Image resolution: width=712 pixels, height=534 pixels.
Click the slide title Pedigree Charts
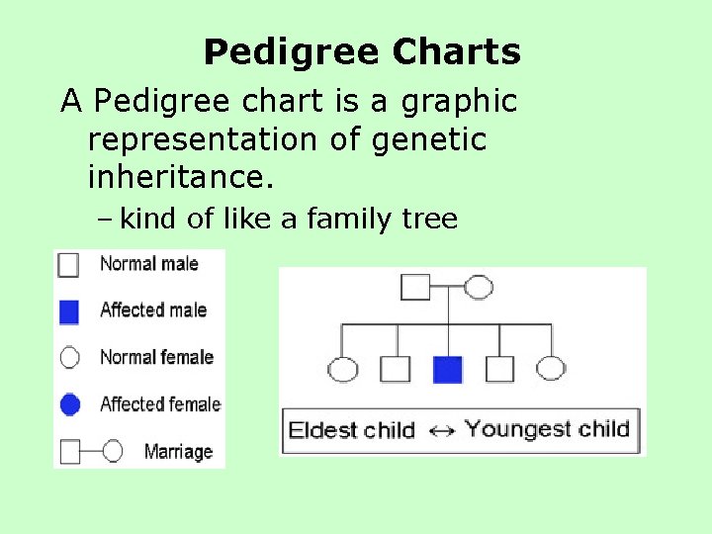coord(362,52)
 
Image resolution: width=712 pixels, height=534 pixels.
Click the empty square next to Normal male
coord(68,264)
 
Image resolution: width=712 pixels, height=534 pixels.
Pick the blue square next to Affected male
coord(68,311)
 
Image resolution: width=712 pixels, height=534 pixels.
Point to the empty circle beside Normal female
coord(68,358)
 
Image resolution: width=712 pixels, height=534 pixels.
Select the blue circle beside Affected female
coord(68,404)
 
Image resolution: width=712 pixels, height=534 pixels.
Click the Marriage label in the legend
coord(178,452)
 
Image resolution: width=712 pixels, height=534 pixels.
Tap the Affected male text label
coord(153,311)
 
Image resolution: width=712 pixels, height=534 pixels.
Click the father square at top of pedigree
coord(414,288)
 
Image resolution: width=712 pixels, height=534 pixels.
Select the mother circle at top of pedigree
coord(479,288)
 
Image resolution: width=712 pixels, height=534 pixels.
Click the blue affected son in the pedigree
coord(448,370)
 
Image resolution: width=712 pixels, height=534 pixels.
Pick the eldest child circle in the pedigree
coord(342,370)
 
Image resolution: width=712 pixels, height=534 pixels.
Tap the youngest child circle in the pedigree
coord(551,370)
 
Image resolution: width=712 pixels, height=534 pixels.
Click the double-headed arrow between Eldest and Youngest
coord(442,431)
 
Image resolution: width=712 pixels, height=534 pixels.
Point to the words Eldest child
coord(351,431)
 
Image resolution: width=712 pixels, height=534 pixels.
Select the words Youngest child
coord(547,429)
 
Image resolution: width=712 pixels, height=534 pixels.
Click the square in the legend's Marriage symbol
coord(70,452)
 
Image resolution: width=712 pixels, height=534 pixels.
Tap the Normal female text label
coord(156,357)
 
